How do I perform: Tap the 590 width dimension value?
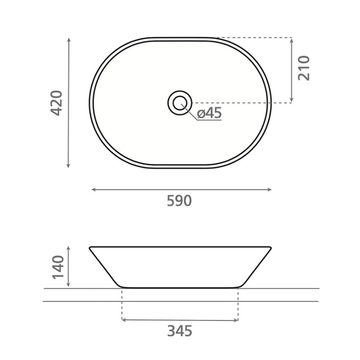coord(179,201)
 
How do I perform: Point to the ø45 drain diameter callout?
coord(209,113)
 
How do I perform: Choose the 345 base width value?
coord(180,331)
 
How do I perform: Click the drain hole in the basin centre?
coord(180,102)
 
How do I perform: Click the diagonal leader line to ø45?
coord(190,113)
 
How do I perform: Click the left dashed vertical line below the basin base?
coord(122,305)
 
